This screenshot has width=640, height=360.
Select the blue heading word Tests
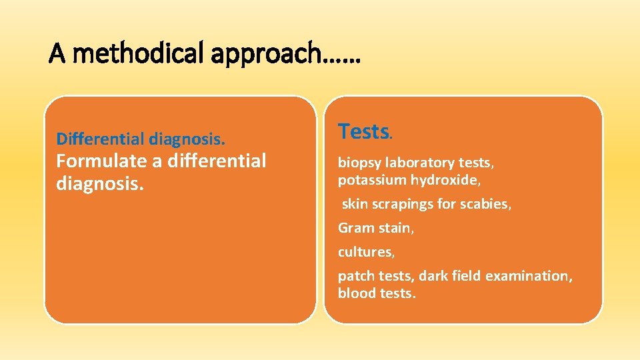[363, 132]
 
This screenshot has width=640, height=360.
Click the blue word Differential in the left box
[100, 139]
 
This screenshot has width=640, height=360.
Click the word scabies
[488, 204]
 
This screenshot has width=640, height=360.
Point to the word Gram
[355, 228]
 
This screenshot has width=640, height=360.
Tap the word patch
[355, 276]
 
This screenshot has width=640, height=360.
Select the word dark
[437, 276]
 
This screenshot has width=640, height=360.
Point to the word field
[469, 276]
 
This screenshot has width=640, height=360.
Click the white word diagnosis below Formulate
[99, 183]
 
